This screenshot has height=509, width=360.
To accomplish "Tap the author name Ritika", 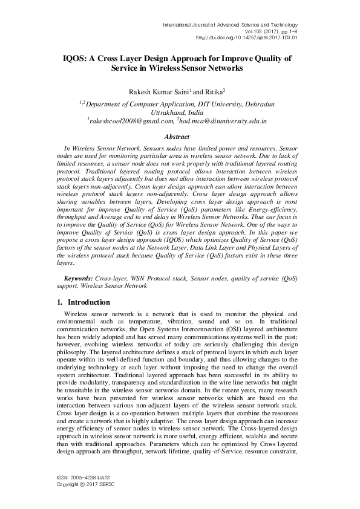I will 215,91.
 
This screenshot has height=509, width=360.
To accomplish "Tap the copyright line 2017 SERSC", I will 80,485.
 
